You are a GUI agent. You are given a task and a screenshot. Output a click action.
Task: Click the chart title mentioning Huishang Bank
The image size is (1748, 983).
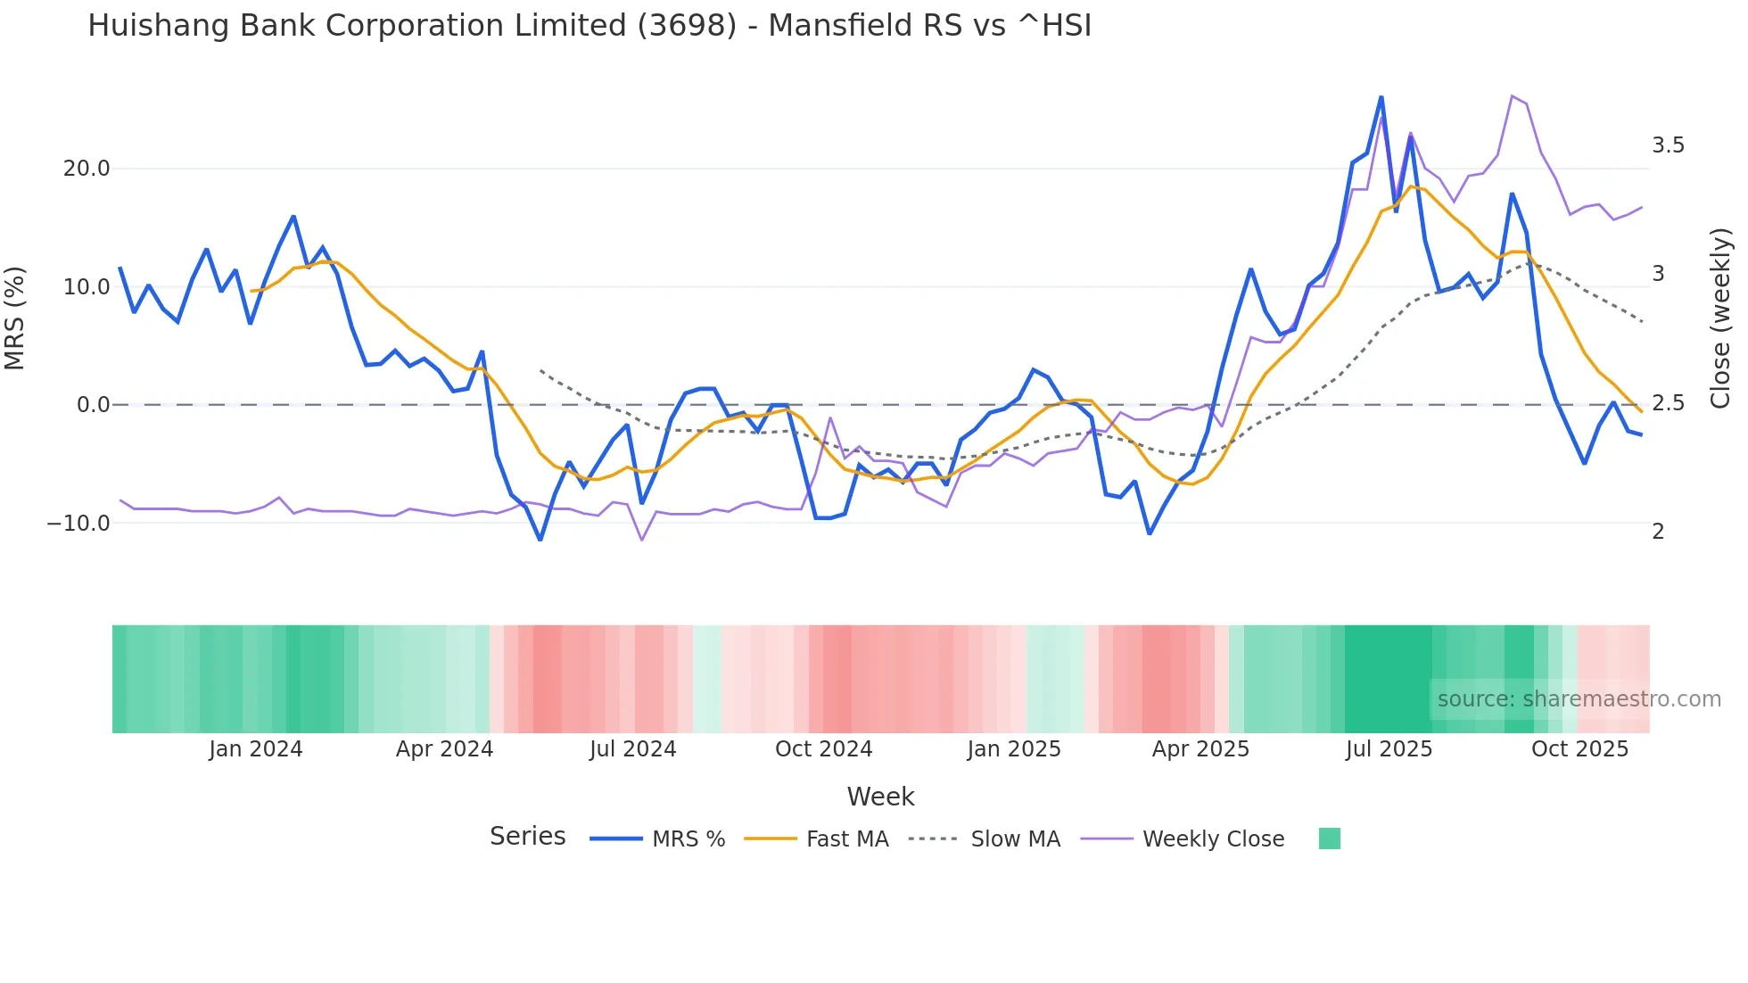click(589, 26)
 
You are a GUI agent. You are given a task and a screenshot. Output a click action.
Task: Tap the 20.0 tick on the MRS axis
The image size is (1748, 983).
click(87, 169)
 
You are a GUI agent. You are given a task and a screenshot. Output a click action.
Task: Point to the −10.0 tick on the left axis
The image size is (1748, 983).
click(78, 524)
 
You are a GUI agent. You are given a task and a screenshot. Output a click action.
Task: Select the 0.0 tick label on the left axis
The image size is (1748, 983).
click(93, 405)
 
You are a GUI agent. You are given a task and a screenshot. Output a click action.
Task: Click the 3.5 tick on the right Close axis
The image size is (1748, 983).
click(1667, 145)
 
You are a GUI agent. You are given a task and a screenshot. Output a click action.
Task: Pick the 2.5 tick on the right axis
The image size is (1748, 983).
click(1667, 403)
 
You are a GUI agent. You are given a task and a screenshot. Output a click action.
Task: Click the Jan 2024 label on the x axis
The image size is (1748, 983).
click(256, 749)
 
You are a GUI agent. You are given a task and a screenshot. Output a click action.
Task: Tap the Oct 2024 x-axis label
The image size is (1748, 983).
click(823, 749)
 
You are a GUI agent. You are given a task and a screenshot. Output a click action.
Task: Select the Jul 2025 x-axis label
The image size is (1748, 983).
click(1389, 749)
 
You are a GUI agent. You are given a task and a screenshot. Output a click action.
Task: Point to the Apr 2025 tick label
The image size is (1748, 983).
click(1200, 749)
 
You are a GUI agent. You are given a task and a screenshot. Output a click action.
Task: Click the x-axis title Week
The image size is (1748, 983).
click(880, 797)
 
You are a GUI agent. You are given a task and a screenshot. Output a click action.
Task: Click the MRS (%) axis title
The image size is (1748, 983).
click(15, 318)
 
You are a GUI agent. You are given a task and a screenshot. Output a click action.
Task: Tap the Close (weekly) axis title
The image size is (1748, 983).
click(1720, 318)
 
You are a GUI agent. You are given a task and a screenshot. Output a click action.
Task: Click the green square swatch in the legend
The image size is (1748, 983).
click(1329, 838)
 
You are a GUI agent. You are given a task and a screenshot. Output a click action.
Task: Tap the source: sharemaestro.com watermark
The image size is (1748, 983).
click(1579, 699)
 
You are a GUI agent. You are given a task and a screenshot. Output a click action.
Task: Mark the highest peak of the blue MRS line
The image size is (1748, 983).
click(1381, 97)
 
